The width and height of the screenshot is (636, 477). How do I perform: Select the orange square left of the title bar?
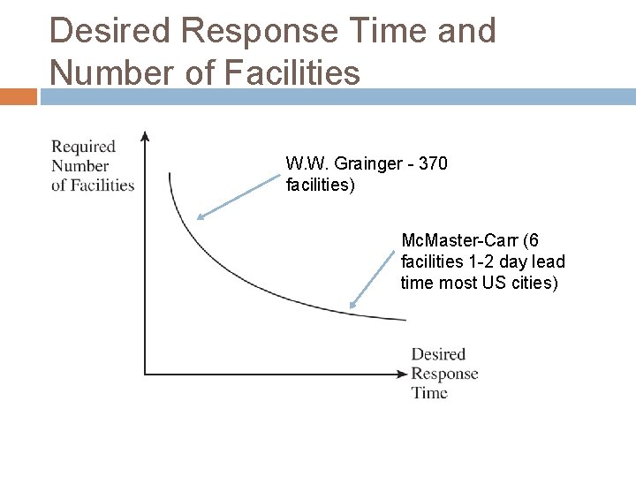point(18,95)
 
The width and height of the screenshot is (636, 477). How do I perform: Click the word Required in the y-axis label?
point(83,147)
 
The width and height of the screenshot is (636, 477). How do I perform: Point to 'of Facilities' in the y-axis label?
point(93,185)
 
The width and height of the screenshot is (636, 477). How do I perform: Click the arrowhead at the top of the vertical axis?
point(146,137)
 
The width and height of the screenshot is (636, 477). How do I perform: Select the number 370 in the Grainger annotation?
point(433,163)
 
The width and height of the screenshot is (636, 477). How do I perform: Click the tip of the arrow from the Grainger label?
point(199,216)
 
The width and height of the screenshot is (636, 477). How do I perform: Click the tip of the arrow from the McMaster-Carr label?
point(352,306)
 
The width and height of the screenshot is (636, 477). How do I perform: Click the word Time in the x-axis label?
point(429,392)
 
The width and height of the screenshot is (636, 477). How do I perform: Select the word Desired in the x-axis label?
point(438,354)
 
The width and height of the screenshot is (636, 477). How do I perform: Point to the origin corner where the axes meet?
point(146,374)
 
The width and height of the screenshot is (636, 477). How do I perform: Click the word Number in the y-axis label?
point(79,165)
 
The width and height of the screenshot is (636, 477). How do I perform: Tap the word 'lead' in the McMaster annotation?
point(549,261)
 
